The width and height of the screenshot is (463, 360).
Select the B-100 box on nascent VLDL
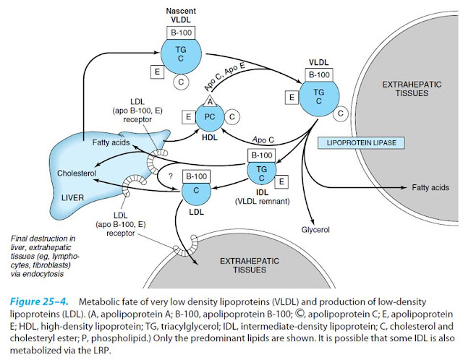[177, 34]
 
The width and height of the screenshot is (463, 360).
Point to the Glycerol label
[315, 231]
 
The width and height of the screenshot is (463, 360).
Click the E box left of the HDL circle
[188, 116]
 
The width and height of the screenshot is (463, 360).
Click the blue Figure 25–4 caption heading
[43, 300]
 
